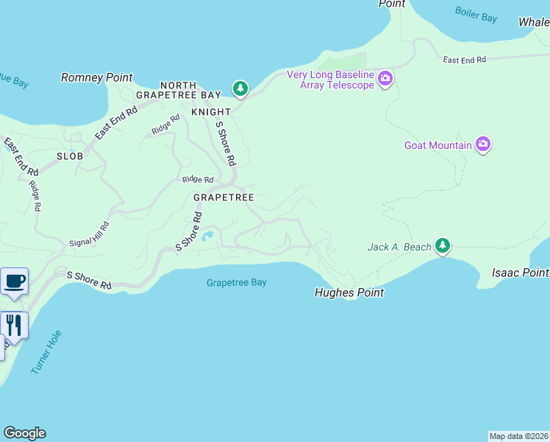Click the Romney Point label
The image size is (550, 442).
(96, 77)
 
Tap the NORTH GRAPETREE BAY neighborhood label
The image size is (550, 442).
(179, 91)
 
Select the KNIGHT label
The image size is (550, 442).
(211, 112)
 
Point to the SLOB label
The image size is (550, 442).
(69, 156)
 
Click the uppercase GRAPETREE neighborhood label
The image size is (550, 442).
(224, 197)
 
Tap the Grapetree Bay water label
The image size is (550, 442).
(236, 282)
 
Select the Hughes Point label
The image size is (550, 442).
(349, 292)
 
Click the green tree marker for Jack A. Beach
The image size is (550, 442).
(442, 245)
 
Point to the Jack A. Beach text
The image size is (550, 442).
(399, 247)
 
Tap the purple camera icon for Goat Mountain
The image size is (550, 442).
(483, 144)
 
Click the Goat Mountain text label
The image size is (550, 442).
(438, 145)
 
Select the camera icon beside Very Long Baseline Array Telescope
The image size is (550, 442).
(385, 79)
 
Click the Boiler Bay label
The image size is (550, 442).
(477, 15)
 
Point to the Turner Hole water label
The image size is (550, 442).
(46, 352)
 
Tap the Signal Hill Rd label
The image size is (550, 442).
(89, 234)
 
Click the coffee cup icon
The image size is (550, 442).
(14, 281)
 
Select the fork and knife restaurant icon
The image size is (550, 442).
(14, 324)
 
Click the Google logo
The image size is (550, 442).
(24, 433)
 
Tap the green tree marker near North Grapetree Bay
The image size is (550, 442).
(240, 88)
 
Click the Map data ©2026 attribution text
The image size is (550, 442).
(518, 436)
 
